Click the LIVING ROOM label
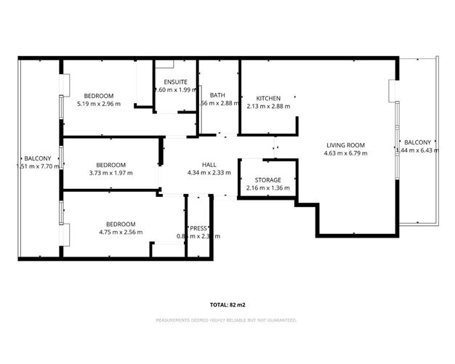point(346,145)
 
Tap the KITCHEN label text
point(268,98)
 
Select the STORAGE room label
point(268,179)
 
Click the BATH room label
point(217,95)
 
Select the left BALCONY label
point(38,158)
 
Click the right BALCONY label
point(417,142)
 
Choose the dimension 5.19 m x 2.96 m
point(98,105)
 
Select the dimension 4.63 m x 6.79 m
point(346,153)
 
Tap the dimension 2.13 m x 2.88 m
point(268,106)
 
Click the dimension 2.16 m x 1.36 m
point(268,187)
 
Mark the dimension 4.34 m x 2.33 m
point(209,173)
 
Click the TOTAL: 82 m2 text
point(227,305)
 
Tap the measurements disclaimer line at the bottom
point(227,320)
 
